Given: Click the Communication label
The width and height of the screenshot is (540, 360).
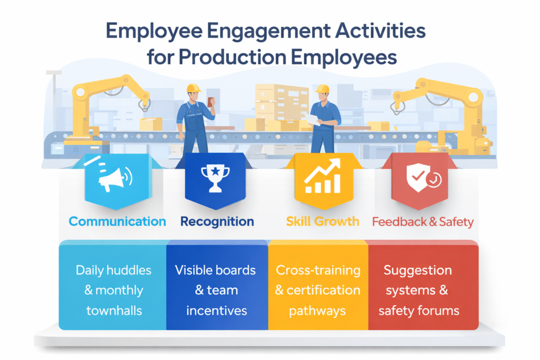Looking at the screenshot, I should click(x=117, y=221).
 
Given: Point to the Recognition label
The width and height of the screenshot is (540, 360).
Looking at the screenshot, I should click(x=217, y=221).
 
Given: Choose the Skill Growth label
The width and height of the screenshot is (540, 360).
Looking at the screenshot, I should click(x=323, y=221).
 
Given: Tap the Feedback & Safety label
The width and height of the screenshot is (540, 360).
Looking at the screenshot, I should click(x=422, y=221).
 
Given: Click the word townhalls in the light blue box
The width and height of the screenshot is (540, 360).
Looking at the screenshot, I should click(x=114, y=310).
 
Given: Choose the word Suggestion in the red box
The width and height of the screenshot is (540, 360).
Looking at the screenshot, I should click(x=418, y=270).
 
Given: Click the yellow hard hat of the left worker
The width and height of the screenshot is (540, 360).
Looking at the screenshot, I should click(x=194, y=87).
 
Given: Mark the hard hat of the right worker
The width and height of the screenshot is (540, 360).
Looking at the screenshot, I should click(x=323, y=87).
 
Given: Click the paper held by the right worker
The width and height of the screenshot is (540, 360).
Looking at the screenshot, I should click(x=312, y=120).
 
